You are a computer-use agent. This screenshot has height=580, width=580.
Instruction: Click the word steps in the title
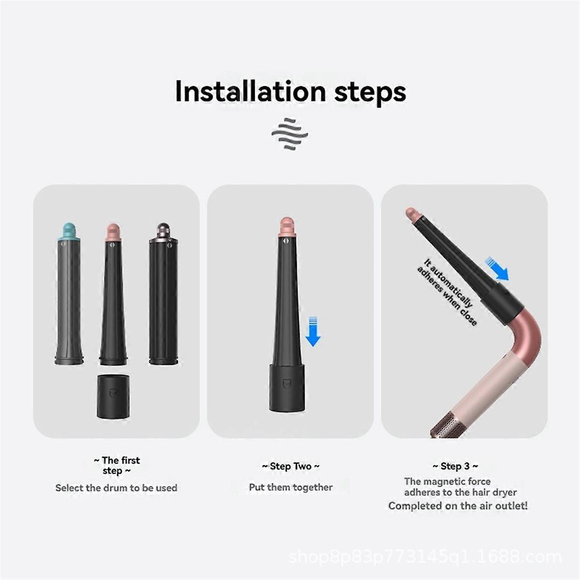coord(370,92)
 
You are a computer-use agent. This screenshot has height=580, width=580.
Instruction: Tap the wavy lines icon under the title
coord(290,132)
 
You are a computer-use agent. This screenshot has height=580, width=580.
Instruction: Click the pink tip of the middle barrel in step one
coord(114,231)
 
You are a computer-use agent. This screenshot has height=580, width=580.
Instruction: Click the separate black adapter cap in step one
coord(113,396)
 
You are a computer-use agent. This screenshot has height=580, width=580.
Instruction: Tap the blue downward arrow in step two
coord(313,331)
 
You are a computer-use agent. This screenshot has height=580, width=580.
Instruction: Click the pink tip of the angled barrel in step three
coord(411,213)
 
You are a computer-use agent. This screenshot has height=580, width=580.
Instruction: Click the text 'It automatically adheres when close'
coord(447,292)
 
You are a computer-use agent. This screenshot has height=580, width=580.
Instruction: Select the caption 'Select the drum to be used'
coord(116,488)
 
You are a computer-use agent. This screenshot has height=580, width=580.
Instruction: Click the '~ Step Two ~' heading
coord(290,466)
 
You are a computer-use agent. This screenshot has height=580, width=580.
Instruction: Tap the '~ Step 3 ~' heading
coord(455,466)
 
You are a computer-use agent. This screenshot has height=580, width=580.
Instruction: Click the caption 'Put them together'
coord(290,487)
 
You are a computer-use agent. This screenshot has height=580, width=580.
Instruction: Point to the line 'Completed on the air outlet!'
coord(458,506)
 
